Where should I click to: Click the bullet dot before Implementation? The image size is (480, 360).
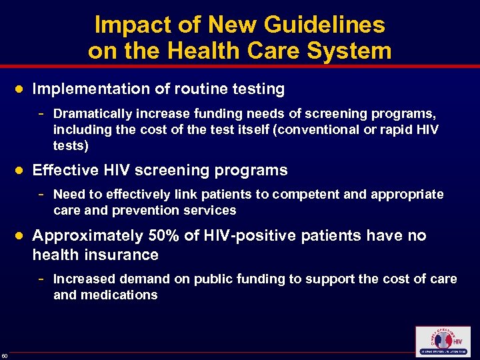[x=21, y=89]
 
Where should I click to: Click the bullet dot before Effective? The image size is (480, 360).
[x=21, y=170]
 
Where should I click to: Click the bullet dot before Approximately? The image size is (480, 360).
[x=21, y=235]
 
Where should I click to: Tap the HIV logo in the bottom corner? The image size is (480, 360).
[x=442, y=341]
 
